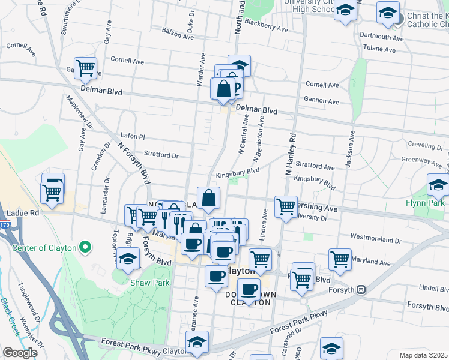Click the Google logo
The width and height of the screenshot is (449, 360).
[20, 353]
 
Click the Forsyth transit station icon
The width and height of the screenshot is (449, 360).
[361, 289]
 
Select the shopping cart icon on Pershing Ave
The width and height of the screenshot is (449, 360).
[286, 206]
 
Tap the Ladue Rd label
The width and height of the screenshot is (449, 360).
[23, 213]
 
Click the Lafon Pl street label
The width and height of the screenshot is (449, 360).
[133, 137]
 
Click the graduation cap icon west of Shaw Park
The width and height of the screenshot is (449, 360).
[128, 257]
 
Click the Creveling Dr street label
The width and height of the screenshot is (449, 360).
[424, 145]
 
